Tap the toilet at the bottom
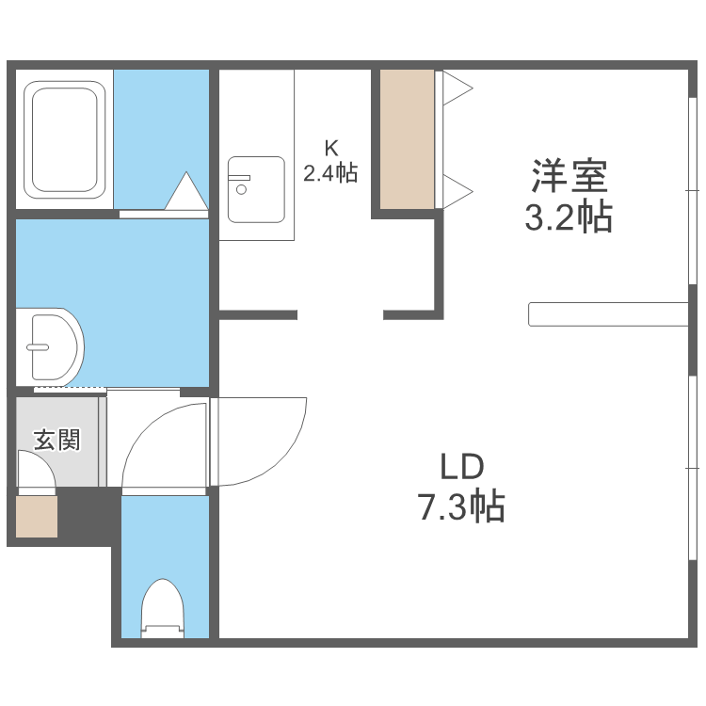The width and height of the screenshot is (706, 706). [162, 610]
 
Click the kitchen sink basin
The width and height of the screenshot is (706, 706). [255, 188]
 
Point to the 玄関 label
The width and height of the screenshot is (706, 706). [56, 440]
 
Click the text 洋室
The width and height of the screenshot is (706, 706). [570, 177]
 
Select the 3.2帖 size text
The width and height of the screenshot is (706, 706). [569, 218]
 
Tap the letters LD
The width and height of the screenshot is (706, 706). [461, 466]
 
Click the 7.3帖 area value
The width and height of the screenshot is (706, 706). [461, 507]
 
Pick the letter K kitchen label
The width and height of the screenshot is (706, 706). [330, 148]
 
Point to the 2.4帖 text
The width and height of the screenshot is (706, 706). [330, 173]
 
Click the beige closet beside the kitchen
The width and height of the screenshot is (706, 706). [408, 138]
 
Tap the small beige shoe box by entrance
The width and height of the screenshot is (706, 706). [38, 516]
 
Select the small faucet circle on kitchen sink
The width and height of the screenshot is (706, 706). [241, 189]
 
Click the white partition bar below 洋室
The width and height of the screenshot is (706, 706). [608, 314]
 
